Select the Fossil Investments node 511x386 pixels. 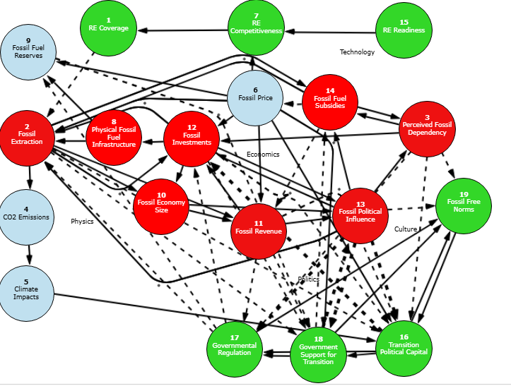coord(192,138)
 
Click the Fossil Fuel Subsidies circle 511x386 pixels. coord(329,102)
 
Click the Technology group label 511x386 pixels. coord(357,52)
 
